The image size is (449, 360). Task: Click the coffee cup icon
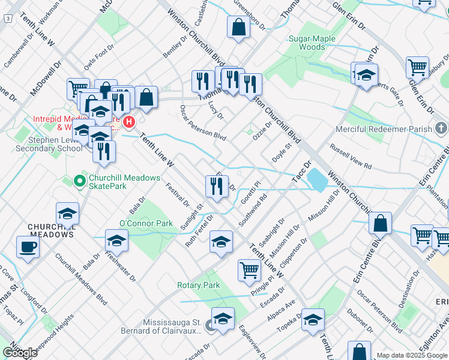pos(28,246)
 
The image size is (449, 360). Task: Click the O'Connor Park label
pos(146,223)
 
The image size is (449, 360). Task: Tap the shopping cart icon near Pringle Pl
pos(249,270)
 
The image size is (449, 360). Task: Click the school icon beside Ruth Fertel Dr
pos(221,242)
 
